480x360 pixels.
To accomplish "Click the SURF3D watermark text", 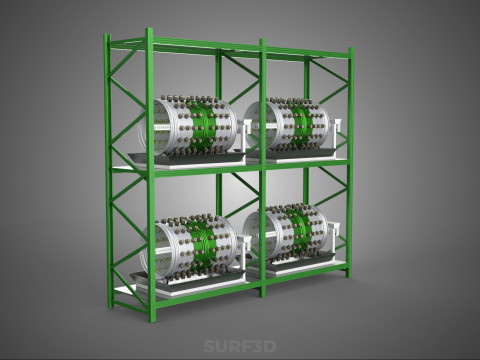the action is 240,346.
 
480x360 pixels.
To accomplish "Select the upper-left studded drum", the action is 189,125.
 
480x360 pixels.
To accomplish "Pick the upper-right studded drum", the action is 288,124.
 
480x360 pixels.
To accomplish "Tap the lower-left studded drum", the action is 189,247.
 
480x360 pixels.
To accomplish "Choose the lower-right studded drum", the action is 287,234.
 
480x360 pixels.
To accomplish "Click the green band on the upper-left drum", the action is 203,126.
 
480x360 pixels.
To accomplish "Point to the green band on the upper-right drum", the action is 301,124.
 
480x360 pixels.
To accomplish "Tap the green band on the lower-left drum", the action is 203,247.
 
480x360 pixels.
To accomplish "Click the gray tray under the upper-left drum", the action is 187,158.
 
